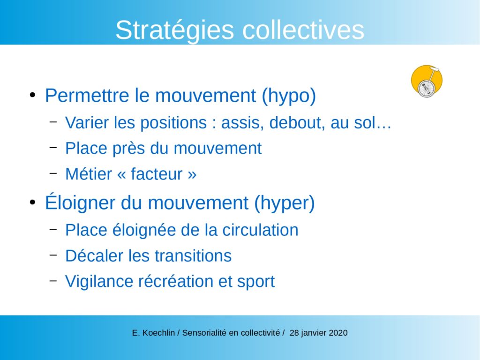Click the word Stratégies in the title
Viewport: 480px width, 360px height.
(x=175, y=30)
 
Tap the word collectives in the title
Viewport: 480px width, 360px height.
(x=303, y=30)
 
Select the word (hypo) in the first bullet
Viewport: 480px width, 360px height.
(x=289, y=96)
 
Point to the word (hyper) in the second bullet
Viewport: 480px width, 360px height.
(x=285, y=203)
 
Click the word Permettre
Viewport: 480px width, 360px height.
(x=87, y=95)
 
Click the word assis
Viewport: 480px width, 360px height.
(x=242, y=123)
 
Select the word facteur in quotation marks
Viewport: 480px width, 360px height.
(x=157, y=174)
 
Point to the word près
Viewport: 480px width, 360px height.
(x=128, y=149)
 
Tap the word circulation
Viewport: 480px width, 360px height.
(x=260, y=230)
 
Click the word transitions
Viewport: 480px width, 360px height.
(x=193, y=256)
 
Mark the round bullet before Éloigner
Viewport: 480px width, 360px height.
(x=32, y=202)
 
